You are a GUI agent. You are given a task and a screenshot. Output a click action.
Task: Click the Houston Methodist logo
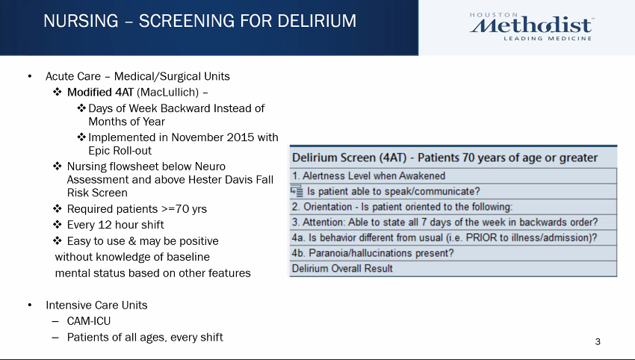coord(531,27)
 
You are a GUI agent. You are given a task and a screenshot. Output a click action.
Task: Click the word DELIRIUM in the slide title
coord(317,21)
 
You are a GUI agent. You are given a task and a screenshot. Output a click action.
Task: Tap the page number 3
coord(598,342)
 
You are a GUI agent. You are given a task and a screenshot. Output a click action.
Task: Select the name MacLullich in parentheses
coord(167,93)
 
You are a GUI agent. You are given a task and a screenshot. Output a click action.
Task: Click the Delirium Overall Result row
coord(453,268)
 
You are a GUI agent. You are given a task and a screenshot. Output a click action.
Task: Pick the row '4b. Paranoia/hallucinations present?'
coord(453,253)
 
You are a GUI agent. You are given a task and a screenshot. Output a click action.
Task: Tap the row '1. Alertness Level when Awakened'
coord(453,176)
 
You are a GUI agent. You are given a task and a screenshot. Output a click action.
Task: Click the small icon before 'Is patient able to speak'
coord(297,190)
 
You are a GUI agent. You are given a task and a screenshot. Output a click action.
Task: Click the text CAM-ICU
coord(89,321)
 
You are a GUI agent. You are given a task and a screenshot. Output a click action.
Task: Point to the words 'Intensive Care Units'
coord(96,305)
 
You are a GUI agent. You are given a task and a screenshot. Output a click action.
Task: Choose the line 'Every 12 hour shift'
coord(115,225)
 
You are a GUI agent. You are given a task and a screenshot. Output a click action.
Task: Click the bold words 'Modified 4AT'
coord(100,93)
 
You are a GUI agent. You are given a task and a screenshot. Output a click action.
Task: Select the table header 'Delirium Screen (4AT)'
coord(349,158)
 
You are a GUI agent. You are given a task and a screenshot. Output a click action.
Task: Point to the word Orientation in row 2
coord(328,207)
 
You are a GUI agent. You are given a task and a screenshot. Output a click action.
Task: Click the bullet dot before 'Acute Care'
coord(30,76)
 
